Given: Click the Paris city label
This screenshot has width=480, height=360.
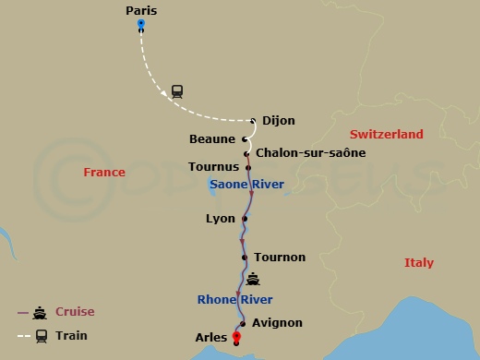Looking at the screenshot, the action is pos(141,10).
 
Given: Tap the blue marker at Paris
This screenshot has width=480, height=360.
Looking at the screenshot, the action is pos(140,23).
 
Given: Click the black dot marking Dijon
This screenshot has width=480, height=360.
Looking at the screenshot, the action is pos(253,120).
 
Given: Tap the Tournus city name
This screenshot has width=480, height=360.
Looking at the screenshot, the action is pos(213,167).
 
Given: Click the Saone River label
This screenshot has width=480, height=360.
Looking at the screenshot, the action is pos(246,185).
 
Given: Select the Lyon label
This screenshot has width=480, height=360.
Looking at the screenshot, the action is pos(221,219).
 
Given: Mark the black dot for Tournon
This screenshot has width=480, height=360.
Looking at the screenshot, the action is pos(244,258).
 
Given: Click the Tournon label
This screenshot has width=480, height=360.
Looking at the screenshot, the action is pos(279,258).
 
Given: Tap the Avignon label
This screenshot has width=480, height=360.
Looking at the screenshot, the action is pos(277,323).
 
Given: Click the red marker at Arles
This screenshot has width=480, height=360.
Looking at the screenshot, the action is pos(236,337).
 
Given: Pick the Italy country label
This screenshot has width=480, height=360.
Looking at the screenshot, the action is pos(418,263).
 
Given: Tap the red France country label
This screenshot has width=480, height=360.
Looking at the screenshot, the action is pos(103,173).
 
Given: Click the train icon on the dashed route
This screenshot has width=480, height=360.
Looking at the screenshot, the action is pos(176,90).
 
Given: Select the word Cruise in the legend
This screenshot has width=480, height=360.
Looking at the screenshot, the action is pos(75,312).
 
